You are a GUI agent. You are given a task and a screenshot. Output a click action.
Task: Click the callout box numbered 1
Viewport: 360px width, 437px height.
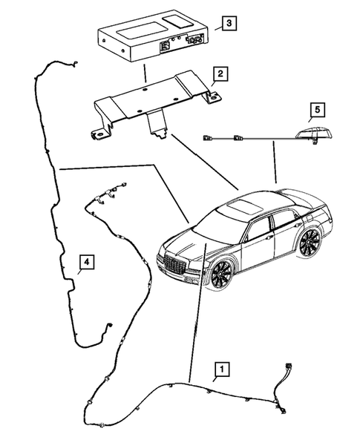[220, 367]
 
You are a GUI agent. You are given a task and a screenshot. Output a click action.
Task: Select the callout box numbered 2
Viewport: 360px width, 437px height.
[220, 74]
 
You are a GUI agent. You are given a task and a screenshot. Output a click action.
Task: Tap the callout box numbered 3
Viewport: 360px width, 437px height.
[230, 24]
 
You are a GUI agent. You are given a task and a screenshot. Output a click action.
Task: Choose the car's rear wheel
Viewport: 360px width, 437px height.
[310, 243]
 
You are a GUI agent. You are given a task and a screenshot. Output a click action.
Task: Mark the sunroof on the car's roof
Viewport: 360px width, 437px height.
[246, 205]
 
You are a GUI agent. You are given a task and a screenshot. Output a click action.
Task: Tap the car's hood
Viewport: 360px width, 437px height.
[190, 241]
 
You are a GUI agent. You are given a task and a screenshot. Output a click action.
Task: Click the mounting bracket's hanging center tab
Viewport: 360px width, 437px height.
[157, 122]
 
